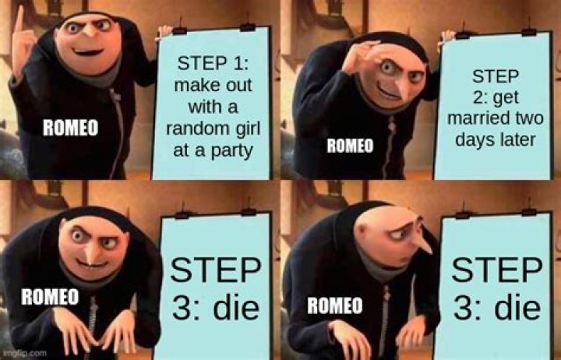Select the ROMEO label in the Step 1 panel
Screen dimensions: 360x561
[69, 129]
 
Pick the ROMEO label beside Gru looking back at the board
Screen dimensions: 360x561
[334, 306]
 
